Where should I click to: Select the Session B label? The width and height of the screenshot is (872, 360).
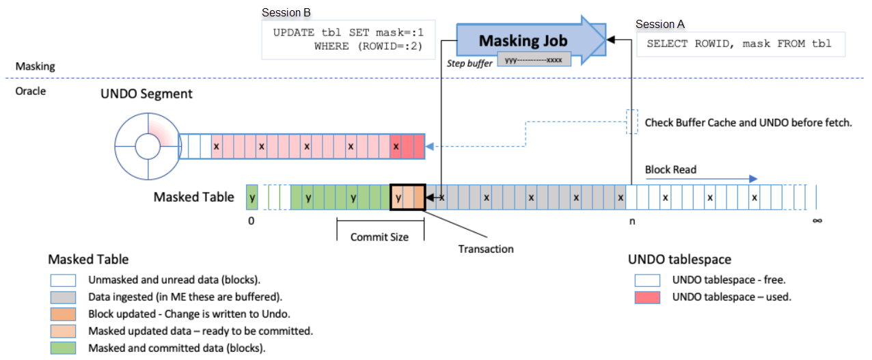pyautogui.click(x=286, y=13)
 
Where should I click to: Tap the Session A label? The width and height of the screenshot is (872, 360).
pyautogui.click(x=659, y=24)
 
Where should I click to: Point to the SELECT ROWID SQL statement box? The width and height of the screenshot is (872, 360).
pyautogui.click(x=739, y=44)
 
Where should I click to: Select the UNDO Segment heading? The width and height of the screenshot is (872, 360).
pyautogui.click(x=147, y=94)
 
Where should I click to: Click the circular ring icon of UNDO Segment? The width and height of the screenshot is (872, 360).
pyautogui.click(x=146, y=146)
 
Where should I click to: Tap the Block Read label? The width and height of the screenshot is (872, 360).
pyautogui.click(x=670, y=169)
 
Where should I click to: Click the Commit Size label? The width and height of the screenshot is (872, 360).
pyautogui.click(x=379, y=237)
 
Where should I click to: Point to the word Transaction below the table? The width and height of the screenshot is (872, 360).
pyautogui.click(x=485, y=249)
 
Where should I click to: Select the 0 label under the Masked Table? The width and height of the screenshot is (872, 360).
pyautogui.click(x=251, y=221)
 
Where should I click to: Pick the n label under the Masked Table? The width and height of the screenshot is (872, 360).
pyautogui.click(x=631, y=221)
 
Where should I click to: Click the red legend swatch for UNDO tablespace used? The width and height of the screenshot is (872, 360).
pyautogui.click(x=646, y=296)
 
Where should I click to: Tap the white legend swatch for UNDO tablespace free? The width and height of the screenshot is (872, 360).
pyautogui.click(x=646, y=280)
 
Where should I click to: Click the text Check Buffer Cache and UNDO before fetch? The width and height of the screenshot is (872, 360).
pyautogui.click(x=748, y=123)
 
